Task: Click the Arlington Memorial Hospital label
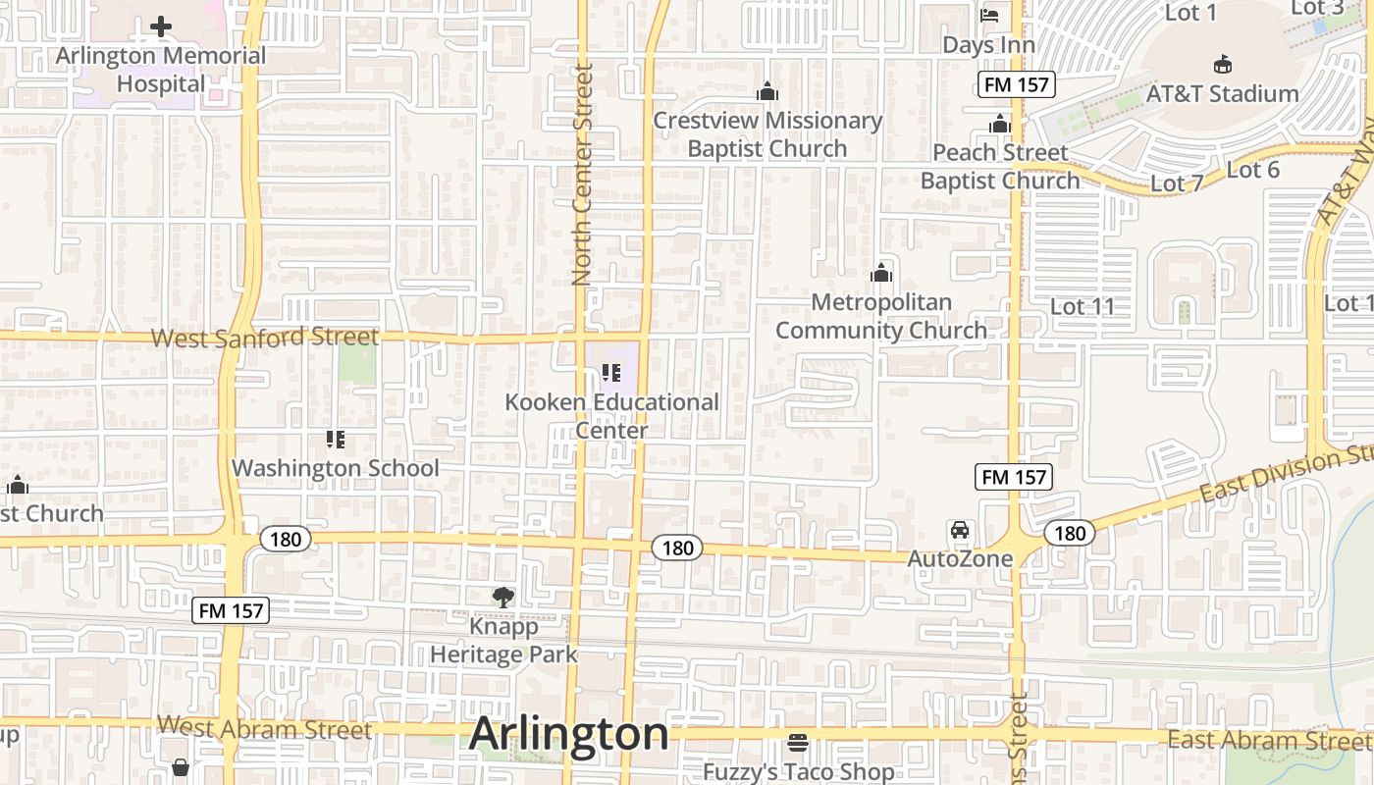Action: [161, 70]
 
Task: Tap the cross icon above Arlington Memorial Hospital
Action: [161, 26]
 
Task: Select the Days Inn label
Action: [988, 45]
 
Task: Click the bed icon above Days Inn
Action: [989, 16]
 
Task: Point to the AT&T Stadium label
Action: [1222, 94]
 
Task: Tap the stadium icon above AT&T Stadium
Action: [1222, 65]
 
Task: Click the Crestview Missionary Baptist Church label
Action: [767, 134]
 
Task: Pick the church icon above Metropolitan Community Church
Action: [881, 273]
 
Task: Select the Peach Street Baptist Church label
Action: [999, 167]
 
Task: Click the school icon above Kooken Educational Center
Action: [611, 373]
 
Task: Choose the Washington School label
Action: [335, 468]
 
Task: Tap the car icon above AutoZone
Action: [960, 530]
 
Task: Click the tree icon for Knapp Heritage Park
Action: [503, 596]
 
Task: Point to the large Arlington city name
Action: [569, 734]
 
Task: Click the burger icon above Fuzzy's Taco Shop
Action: [798, 743]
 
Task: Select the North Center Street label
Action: [583, 175]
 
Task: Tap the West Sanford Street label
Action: [264, 338]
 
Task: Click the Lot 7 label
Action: [1177, 183]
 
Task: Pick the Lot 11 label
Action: [1083, 306]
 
